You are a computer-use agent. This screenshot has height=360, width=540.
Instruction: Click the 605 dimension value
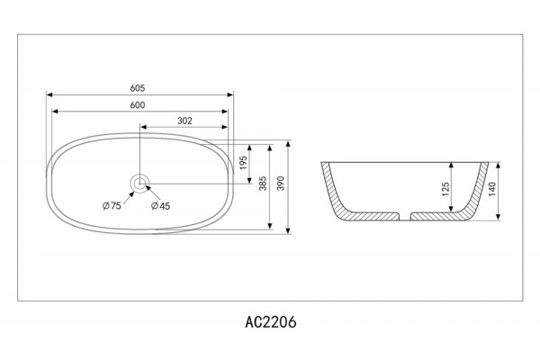(x=138, y=88)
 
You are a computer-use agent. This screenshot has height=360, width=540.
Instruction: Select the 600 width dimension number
(x=138, y=105)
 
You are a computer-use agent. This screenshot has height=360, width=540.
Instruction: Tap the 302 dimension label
(x=184, y=121)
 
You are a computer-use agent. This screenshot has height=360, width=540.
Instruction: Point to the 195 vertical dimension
(x=243, y=163)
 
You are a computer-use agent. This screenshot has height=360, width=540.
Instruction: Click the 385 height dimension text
(x=263, y=184)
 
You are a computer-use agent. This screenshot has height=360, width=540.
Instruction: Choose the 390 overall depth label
(x=281, y=184)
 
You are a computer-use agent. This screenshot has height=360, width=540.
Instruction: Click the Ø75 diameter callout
(x=112, y=206)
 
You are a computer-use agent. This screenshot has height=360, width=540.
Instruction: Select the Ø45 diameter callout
(x=160, y=206)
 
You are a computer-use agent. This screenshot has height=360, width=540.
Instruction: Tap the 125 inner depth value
(x=445, y=189)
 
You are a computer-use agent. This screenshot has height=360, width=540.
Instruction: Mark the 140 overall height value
(x=491, y=189)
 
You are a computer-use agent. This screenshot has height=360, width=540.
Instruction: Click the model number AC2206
(x=271, y=322)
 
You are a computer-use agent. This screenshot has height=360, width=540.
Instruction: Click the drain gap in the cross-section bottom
(x=405, y=216)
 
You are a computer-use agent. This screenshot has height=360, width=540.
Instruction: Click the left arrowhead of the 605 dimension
(x=49, y=94)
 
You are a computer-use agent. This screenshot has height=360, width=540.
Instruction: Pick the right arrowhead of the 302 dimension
(x=224, y=127)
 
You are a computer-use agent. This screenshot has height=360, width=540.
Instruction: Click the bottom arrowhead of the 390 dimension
(x=288, y=230)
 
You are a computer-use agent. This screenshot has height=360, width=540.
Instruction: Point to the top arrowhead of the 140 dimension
(x=499, y=166)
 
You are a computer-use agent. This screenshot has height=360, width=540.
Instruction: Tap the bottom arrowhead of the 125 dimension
(x=452, y=209)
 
